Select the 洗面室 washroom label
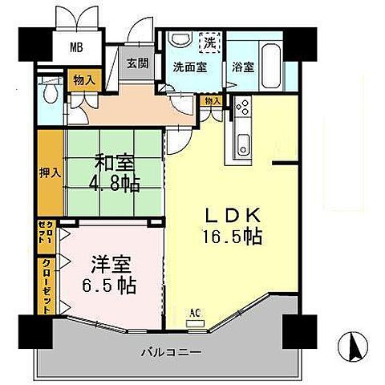[x=190, y=67]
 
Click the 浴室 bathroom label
[x=243, y=67]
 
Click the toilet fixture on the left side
[x=50, y=93]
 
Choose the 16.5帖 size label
[x=233, y=237]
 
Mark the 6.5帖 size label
[x=109, y=286]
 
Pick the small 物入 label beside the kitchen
[x=212, y=100]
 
